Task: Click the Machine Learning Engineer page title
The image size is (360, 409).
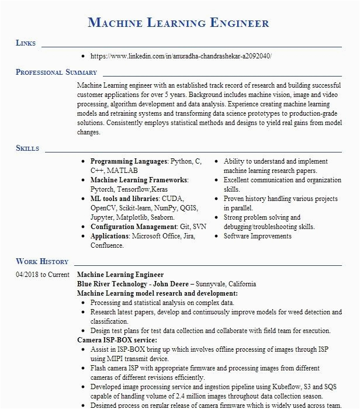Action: [x=178, y=23]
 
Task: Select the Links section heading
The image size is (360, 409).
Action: [x=26, y=43]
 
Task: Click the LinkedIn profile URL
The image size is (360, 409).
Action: [x=181, y=56]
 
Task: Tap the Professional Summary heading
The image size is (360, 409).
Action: [x=56, y=72]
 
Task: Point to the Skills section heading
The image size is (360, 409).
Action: [x=27, y=148]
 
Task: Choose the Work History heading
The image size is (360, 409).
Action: [x=42, y=262]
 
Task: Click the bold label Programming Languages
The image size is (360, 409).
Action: [x=129, y=161]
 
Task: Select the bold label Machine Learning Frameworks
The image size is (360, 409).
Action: [x=139, y=180]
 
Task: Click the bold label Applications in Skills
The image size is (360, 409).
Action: [x=110, y=236]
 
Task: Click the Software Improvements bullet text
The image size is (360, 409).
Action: [x=258, y=236]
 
